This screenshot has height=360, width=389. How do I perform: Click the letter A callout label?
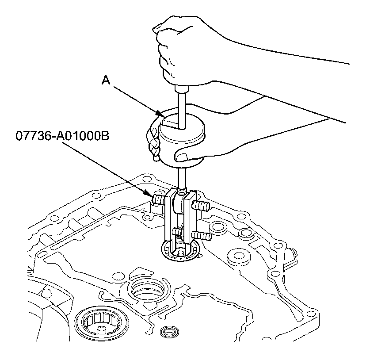pos(106,80)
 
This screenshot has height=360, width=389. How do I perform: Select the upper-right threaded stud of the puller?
pos(201,205)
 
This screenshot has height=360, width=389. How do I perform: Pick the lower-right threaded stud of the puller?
pos(205,236)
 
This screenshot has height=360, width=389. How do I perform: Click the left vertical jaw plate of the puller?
pos(169,217)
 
